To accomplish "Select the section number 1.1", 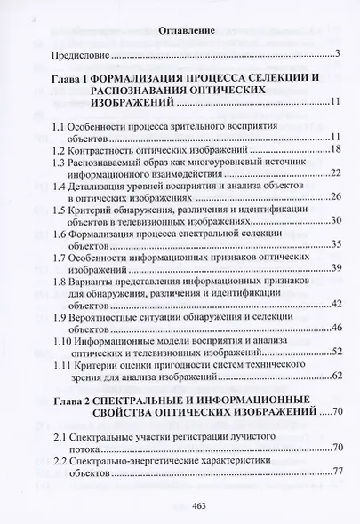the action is [60, 128].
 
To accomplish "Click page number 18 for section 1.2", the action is [337, 151].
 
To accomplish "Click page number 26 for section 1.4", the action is [337, 198].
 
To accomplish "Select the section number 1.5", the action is [60, 210].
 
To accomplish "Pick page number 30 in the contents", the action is [337, 221].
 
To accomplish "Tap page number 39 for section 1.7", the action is [337, 268].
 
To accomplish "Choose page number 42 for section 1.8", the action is [337, 304].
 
